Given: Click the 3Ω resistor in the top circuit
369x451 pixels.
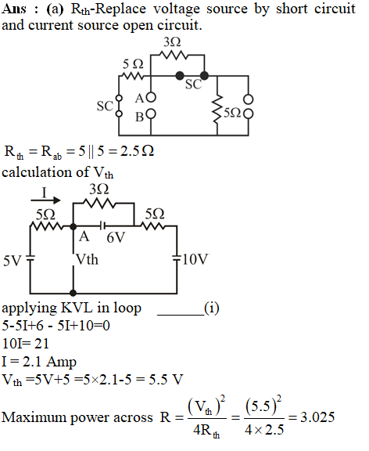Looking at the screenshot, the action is (x=173, y=55).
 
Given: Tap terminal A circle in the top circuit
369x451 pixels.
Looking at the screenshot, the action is (x=151, y=97).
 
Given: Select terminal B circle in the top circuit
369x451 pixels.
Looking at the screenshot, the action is (x=151, y=114).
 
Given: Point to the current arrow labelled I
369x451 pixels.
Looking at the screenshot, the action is (x=45, y=200).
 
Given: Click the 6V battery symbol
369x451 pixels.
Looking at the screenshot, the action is (x=102, y=226).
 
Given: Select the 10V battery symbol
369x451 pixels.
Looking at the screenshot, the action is (x=177, y=258).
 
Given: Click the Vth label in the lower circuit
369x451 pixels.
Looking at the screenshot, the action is (x=87, y=260).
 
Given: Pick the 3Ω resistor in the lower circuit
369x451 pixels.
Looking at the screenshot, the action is (x=99, y=203).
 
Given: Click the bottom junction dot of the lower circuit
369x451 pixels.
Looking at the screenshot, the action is (x=73, y=293).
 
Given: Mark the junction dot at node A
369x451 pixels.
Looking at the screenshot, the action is (x=73, y=226).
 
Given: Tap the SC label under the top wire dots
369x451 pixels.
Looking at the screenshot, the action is (x=193, y=85).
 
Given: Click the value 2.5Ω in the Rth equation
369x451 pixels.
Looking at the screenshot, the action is (x=137, y=151).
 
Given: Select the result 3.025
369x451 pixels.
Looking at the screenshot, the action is (x=317, y=417).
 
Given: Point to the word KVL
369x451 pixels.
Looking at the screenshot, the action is (x=77, y=308).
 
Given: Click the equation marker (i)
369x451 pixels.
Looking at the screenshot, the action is (x=212, y=308).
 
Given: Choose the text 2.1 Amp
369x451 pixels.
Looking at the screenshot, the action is (x=49, y=362).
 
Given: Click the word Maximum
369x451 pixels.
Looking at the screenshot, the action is (x=34, y=417).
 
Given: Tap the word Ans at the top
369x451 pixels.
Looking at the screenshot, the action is (x=13, y=9).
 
